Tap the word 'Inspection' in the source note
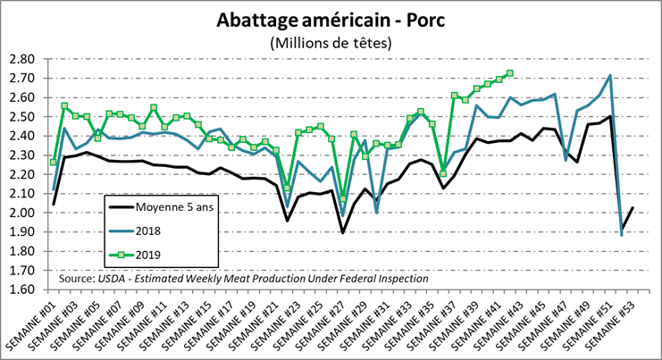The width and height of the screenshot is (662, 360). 395,279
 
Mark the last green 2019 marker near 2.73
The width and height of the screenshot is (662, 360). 510,73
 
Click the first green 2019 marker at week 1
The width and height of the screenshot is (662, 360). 54,162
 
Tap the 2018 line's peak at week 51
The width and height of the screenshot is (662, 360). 609,76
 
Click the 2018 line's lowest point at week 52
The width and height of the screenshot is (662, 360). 621,234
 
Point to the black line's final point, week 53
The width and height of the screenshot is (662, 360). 633,207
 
